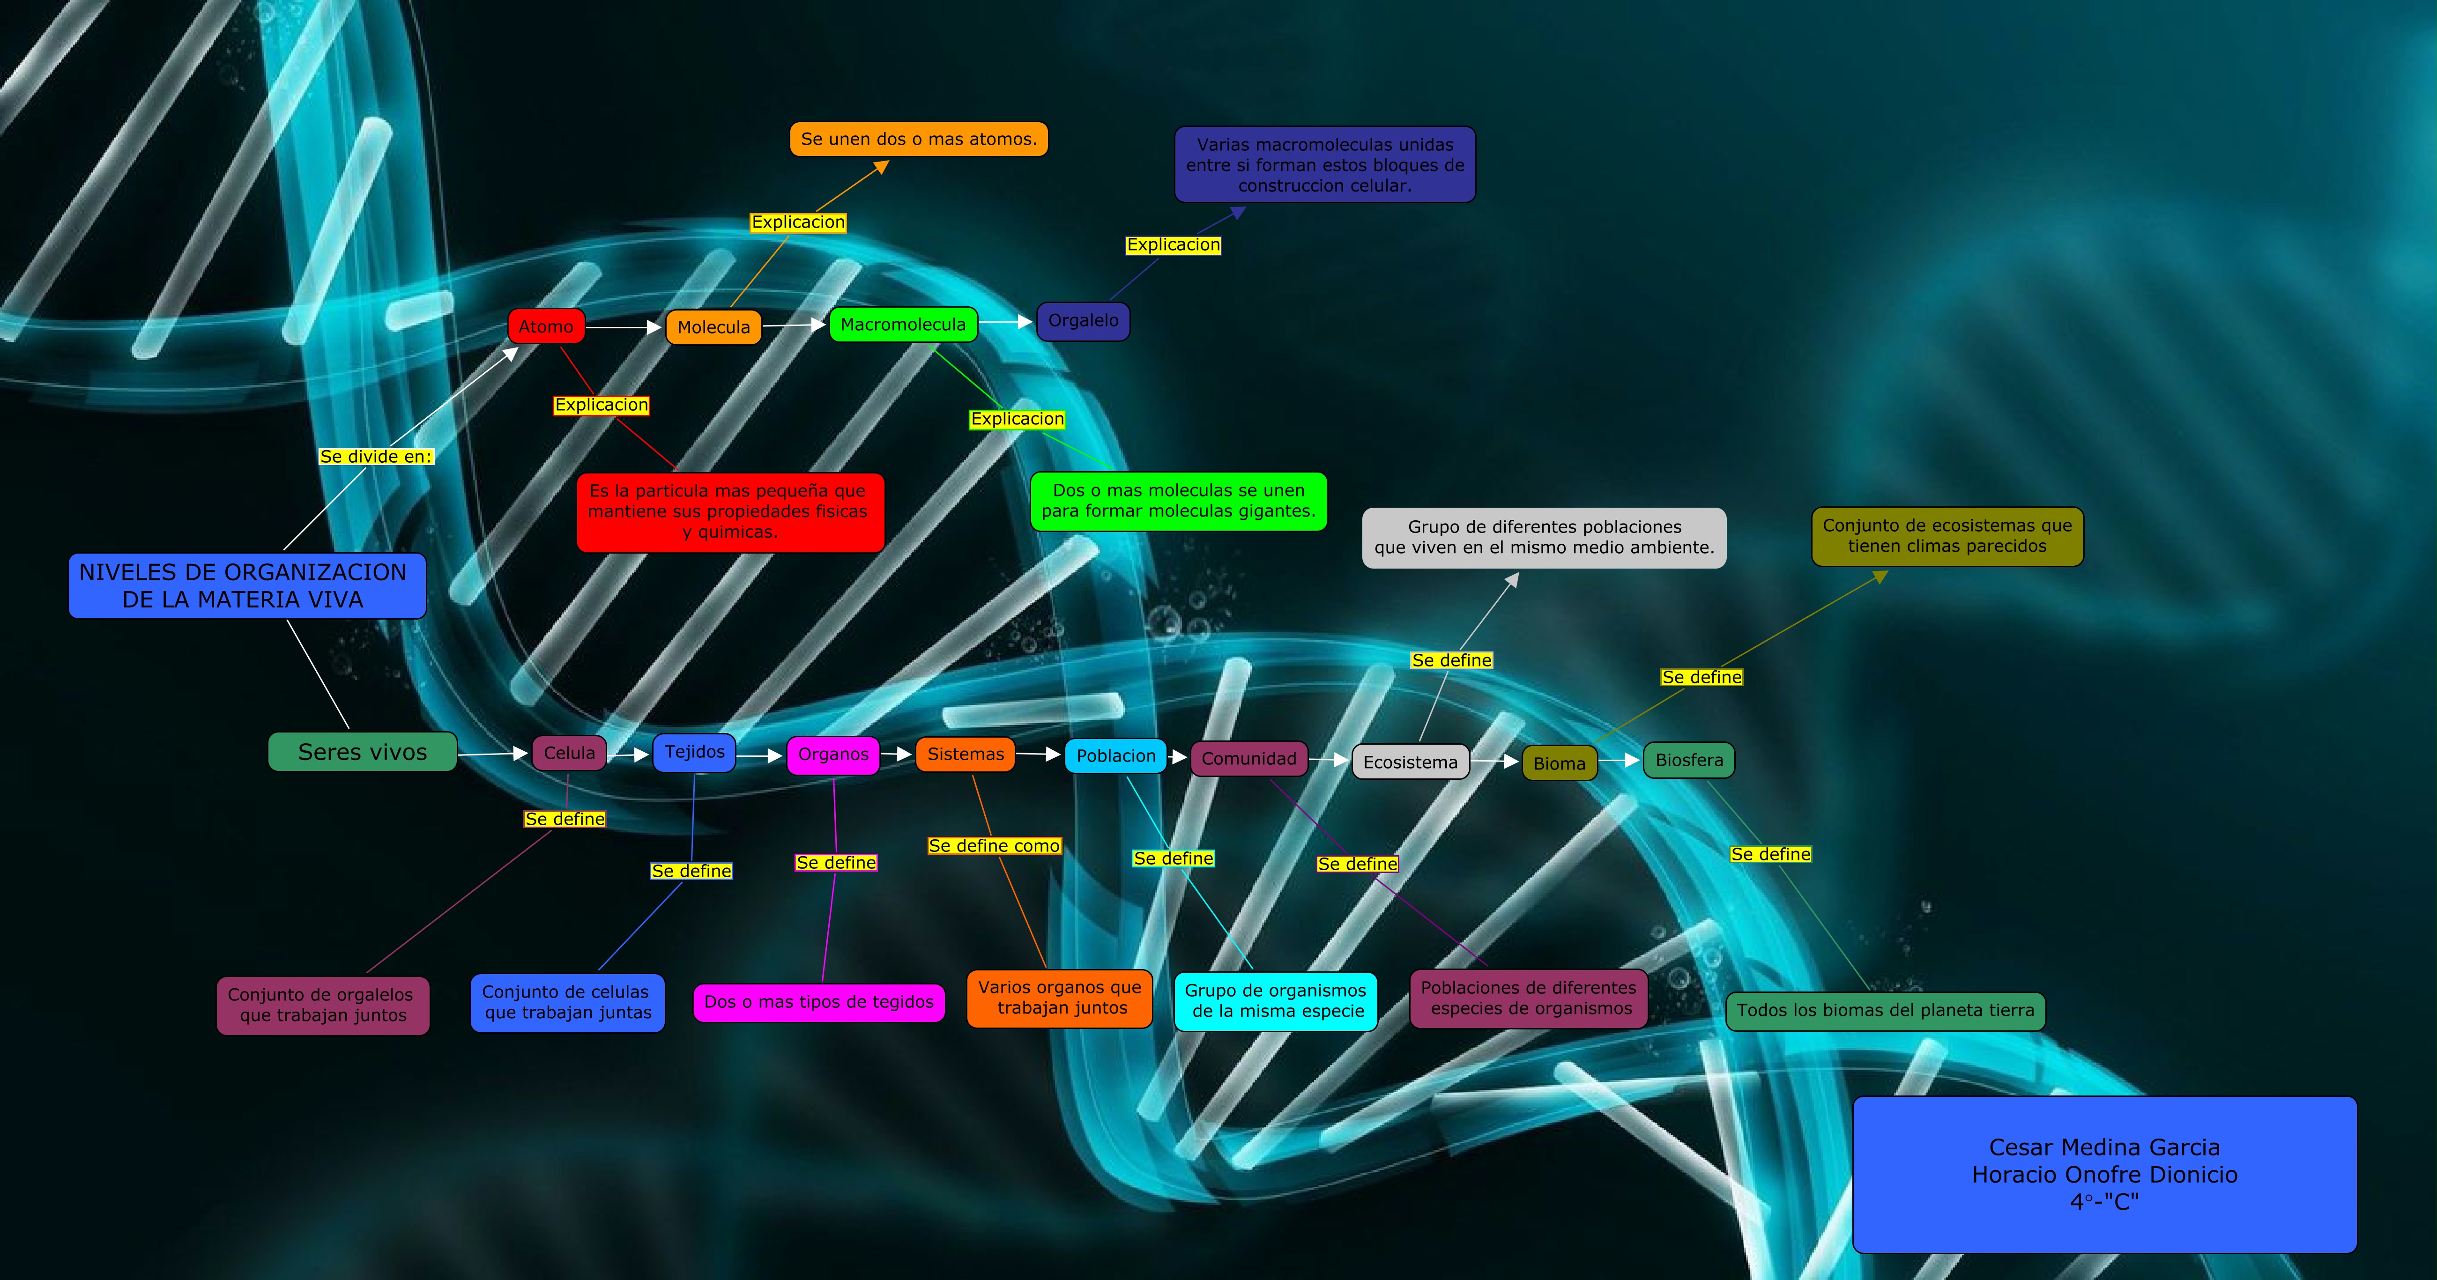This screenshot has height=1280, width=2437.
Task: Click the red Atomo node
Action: click(546, 326)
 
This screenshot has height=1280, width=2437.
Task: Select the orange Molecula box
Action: click(713, 327)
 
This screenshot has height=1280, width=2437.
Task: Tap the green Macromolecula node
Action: click(903, 325)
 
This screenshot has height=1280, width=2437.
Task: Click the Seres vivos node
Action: click(362, 752)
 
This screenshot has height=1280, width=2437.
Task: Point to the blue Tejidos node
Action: click(694, 752)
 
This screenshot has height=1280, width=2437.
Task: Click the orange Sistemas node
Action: click(965, 754)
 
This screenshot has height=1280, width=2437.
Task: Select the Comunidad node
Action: click(1249, 759)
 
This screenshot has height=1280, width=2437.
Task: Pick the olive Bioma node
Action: click(1559, 763)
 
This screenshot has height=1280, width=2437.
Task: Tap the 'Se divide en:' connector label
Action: click(376, 456)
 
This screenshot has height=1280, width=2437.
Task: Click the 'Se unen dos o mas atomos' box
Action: click(919, 139)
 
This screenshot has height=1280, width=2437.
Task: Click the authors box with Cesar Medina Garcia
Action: click(2104, 1174)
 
